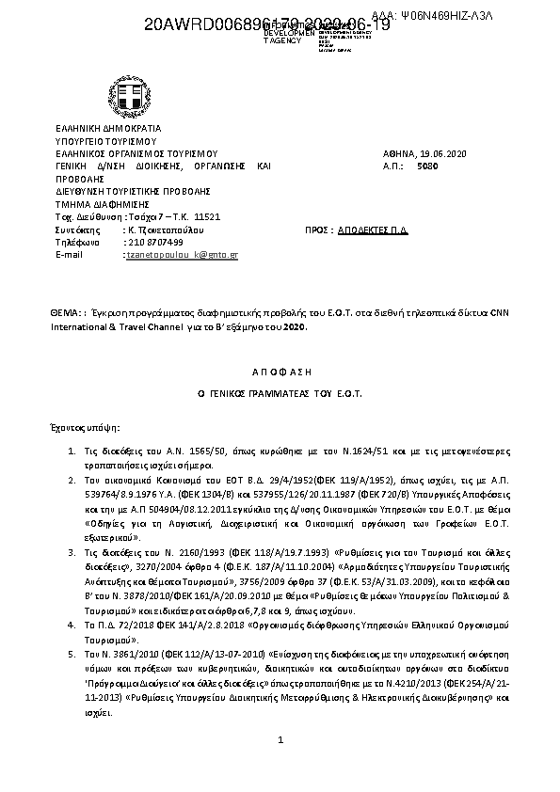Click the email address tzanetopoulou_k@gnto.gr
click(x=182, y=255)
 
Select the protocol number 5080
click(x=426, y=165)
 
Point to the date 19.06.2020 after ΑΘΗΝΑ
click(x=441, y=153)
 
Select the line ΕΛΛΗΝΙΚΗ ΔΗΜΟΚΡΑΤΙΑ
click(x=108, y=128)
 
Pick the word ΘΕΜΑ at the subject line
click(x=66, y=309)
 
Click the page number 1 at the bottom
click(x=280, y=742)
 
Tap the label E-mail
click(x=71, y=255)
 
